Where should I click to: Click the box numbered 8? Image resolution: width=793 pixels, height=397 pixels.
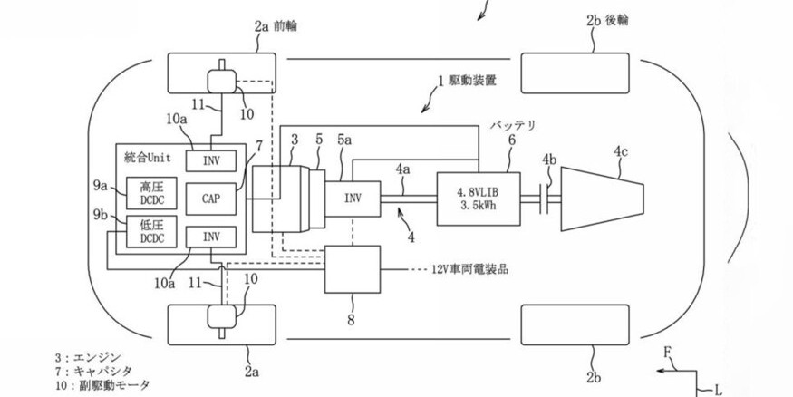click(x=353, y=269)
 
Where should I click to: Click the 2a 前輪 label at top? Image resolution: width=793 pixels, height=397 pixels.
click(x=276, y=27)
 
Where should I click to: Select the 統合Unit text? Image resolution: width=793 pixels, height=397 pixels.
click(x=150, y=157)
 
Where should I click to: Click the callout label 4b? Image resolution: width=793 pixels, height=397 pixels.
click(x=549, y=160)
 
